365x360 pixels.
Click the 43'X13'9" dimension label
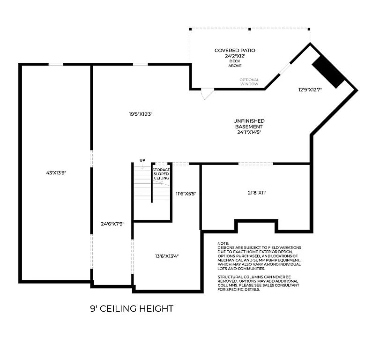pyautogui.click(x=56, y=172)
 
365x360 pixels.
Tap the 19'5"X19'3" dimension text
pyautogui.click(x=142, y=113)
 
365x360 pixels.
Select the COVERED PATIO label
pyautogui.click(x=235, y=50)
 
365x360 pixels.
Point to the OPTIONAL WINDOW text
pyautogui.click(x=249, y=82)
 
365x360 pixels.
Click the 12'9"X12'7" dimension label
pyautogui.click(x=310, y=90)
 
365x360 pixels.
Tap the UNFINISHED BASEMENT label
pyautogui.click(x=249, y=124)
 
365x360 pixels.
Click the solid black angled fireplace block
pyautogui.click(x=329, y=72)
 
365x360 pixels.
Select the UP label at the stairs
pyautogui.click(x=142, y=160)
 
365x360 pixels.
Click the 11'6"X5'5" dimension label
pyautogui.click(x=186, y=193)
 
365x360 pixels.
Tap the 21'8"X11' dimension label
pyautogui.click(x=257, y=192)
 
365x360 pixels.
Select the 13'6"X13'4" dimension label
pyautogui.click(x=167, y=256)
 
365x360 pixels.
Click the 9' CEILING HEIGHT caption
pyautogui.click(x=132, y=308)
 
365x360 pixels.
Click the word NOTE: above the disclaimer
pyautogui.click(x=223, y=243)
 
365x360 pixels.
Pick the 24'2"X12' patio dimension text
pyautogui.click(x=235, y=56)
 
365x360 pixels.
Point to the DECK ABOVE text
pyautogui.click(x=235, y=63)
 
